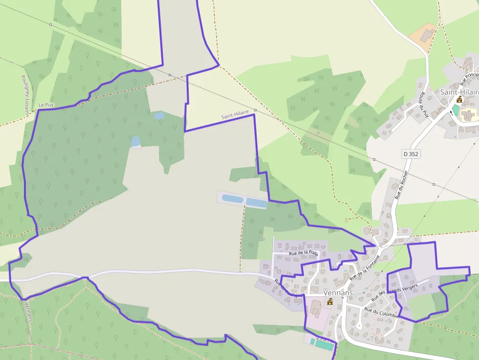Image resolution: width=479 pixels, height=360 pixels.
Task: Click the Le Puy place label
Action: point(45,105)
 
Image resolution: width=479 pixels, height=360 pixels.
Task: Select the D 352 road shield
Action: point(411,154)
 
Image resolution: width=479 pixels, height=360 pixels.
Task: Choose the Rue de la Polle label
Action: point(304,253)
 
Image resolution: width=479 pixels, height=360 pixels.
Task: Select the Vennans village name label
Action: point(338,293)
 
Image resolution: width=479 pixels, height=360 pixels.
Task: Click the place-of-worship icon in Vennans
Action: point(330,301)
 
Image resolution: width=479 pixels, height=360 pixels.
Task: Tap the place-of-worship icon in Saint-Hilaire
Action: point(459,100)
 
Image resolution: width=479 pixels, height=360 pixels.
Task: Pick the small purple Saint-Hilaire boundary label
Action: point(235,115)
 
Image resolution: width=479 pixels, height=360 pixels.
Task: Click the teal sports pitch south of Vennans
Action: point(324,345)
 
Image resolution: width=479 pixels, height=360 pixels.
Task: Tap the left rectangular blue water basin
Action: point(232,198)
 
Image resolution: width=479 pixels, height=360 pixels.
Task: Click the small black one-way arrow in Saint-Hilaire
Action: point(451,113)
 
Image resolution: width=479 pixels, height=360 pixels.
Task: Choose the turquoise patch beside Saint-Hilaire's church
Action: point(456,110)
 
